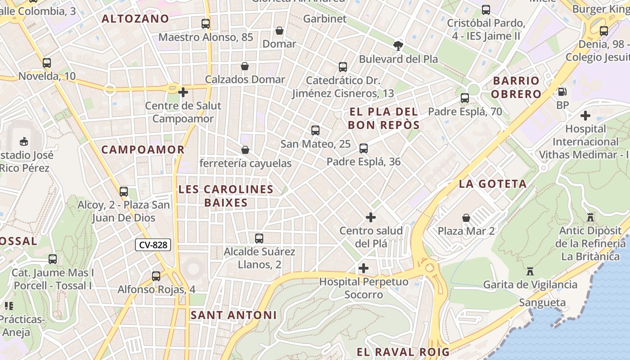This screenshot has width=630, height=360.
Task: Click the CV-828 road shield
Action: (x=153, y=245)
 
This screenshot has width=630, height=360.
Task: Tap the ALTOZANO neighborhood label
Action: (x=135, y=19)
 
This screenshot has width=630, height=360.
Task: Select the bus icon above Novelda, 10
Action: (x=47, y=63)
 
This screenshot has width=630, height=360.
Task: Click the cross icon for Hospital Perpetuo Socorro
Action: (x=364, y=269)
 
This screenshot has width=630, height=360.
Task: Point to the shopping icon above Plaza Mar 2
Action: (x=466, y=218)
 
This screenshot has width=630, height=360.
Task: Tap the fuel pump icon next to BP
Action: (x=562, y=92)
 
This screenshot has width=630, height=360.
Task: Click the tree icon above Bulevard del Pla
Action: (x=398, y=45)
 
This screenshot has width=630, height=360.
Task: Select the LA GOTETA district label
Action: (x=493, y=184)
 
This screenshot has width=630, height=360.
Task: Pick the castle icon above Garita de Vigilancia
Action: (x=530, y=271)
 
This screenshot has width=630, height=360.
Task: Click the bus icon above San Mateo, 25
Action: (x=315, y=130)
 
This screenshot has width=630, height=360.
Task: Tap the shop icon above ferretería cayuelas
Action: (x=245, y=150)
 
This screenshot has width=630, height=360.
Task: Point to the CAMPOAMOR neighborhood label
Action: (x=143, y=150)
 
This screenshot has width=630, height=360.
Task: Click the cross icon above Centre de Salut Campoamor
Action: (x=183, y=92)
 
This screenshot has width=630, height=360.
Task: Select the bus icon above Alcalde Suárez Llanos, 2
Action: (x=259, y=238)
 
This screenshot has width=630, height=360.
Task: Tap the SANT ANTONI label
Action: (x=234, y=315)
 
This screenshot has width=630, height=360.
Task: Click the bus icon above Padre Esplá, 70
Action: (x=465, y=98)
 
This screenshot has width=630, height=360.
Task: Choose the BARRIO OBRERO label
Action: (x=516, y=87)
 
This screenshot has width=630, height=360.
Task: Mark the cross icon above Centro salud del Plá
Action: (x=371, y=217)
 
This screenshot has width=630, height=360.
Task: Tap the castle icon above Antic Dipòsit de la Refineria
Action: (x=590, y=217)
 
